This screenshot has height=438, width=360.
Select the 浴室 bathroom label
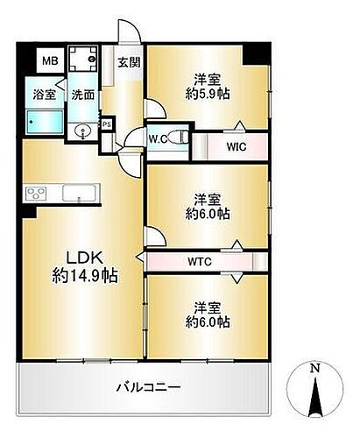[45, 95]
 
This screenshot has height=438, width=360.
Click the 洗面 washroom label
[83, 95]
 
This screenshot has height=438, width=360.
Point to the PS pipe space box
[107, 124]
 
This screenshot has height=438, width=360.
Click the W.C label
[158, 138]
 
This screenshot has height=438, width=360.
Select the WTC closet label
[199, 261]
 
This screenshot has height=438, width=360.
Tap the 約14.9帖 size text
[84, 275]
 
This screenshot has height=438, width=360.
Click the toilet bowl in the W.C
[178, 137]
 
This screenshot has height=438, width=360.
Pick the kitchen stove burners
[37, 193]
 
